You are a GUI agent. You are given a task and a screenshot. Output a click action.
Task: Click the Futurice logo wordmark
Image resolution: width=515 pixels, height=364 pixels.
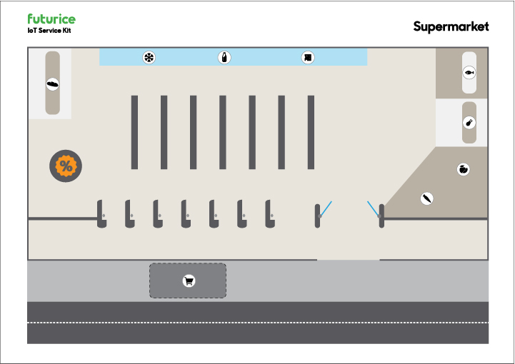click(51, 19)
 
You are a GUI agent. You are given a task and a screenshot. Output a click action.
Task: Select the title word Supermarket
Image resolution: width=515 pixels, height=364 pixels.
click(451, 26)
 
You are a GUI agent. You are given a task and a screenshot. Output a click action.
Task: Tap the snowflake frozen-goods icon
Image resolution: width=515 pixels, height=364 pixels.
click(149, 58)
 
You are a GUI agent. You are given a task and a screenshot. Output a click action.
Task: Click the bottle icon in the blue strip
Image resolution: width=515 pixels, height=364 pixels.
click(224, 58)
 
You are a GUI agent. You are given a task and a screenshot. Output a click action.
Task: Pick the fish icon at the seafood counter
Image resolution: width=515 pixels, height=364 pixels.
click(469, 72)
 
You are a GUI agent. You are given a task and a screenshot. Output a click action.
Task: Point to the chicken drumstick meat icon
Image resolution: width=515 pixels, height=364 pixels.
click(469, 123)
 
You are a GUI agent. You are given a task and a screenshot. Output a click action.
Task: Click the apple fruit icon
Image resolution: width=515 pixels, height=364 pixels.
click(463, 169)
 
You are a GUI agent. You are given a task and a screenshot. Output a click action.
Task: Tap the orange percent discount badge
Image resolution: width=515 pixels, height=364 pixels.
click(66, 166)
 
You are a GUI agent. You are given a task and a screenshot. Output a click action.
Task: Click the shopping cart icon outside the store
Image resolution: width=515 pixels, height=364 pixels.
click(189, 280)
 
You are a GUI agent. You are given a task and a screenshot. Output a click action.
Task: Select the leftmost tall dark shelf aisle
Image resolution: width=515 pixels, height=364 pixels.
click(134, 132)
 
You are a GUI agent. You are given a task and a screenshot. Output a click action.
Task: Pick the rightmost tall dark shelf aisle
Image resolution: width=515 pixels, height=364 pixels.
click(311, 132)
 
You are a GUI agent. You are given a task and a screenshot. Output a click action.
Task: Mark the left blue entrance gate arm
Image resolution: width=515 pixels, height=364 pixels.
click(325, 208)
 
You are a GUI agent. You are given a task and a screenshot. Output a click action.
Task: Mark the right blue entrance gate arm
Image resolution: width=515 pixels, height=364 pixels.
click(373, 208)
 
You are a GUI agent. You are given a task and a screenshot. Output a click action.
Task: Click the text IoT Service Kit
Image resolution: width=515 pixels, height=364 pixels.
click(49, 31)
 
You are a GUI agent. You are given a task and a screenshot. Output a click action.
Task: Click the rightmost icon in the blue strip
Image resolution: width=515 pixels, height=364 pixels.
click(307, 58)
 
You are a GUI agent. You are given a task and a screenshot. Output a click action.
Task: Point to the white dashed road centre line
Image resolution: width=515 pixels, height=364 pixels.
click(258, 323)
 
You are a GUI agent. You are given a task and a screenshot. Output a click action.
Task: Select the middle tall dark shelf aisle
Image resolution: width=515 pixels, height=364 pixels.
click(223, 132)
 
